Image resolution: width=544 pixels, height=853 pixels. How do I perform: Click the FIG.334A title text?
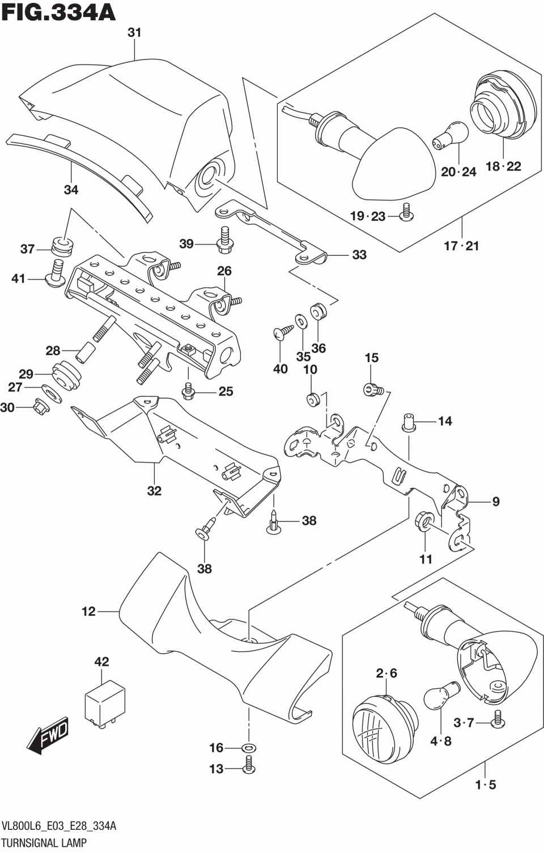(58, 12)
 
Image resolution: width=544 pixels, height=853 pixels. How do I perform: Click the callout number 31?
(134, 33)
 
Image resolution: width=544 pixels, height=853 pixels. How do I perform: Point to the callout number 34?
(71, 189)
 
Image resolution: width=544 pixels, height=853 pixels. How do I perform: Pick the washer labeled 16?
(249, 748)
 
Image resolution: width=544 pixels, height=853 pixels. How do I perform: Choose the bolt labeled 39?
(225, 239)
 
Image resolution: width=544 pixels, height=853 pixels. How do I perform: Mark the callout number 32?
(154, 491)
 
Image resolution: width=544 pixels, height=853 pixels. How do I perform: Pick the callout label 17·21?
(461, 246)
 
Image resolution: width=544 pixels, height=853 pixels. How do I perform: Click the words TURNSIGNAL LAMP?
(44, 842)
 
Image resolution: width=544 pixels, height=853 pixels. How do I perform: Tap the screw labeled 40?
(283, 331)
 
